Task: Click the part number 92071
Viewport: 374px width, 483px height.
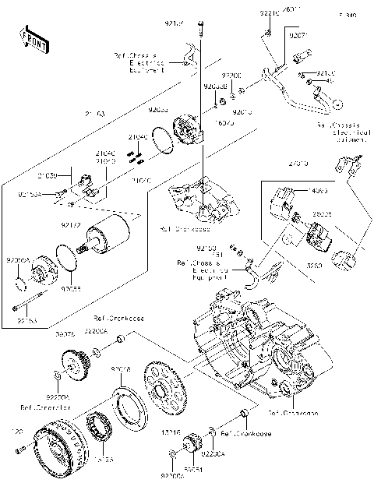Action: point(300,36)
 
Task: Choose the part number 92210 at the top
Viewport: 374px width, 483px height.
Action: point(268,14)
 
